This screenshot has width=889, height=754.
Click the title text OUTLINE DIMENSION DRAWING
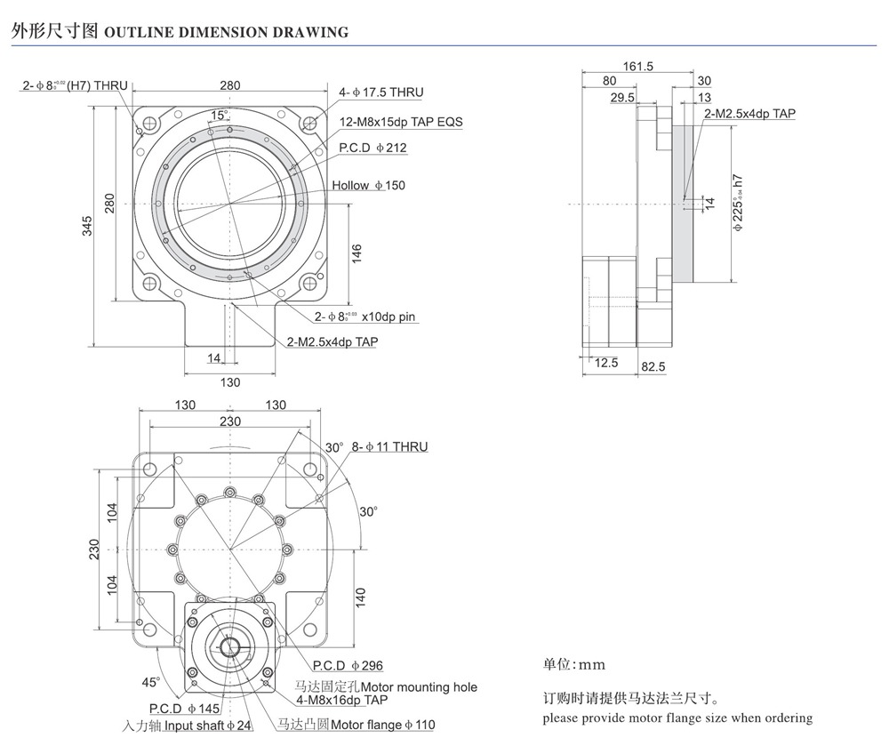[x=227, y=32]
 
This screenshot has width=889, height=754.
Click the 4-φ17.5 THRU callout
[x=380, y=92]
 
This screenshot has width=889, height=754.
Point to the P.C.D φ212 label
[x=372, y=148]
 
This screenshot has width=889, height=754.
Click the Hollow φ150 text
[x=368, y=186]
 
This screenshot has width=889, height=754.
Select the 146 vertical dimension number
[x=356, y=253]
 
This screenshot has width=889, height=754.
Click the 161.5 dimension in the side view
[x=638, y=66]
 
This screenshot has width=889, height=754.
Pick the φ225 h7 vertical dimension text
[x=738, y=204]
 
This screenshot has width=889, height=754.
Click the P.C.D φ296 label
[x=348, y=666]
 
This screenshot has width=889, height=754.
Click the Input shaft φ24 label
[x=188, y=726]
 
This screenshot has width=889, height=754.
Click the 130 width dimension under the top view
[x=229, y=382]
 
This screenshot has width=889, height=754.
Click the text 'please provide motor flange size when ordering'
[x=677, y=718]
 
